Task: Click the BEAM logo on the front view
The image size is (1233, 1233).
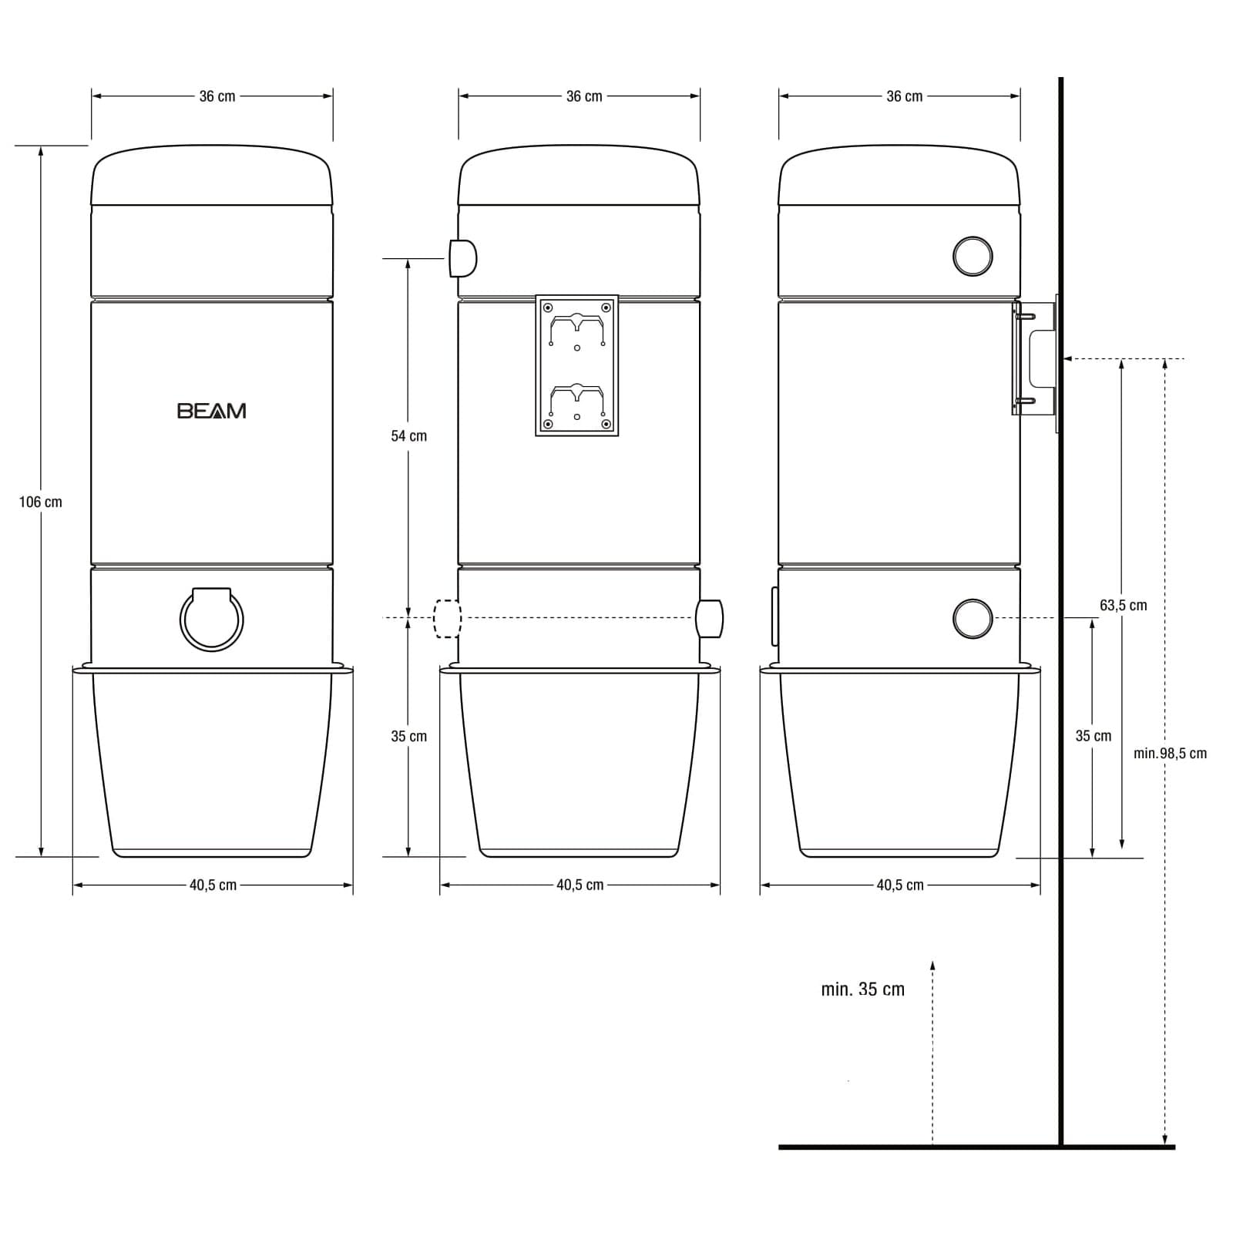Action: coord(212,411)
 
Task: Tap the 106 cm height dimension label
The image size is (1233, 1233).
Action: coord(41,502)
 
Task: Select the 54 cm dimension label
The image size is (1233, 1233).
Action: coord(408,436)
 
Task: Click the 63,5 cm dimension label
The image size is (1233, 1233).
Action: coord(1123,605)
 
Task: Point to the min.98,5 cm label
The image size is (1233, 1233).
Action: coord(1170,753)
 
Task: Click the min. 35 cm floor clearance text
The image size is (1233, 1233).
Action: coord(863,989)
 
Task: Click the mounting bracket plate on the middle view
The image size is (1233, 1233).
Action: coord(577,365)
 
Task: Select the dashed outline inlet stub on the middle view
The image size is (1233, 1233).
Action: coord(447,619)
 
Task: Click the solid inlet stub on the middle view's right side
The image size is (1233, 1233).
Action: coord(709,619)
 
